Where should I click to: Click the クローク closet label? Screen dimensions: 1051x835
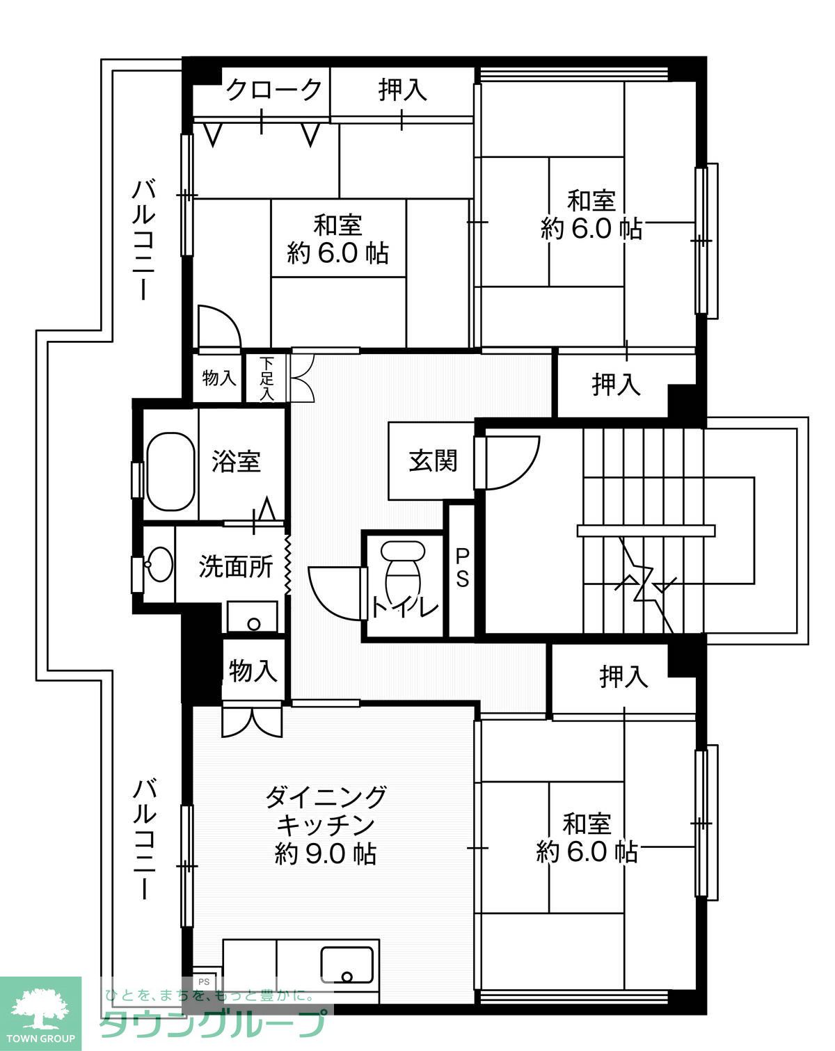coord(274,90)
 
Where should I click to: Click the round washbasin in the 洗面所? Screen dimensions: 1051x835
coord(159,563)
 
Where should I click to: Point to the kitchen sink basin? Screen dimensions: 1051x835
coord(347,964)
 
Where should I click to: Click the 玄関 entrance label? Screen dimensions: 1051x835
coord(432,460)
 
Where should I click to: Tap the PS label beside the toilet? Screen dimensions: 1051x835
coord(462,567)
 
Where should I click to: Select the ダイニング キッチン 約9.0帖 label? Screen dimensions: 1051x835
coord(326,824)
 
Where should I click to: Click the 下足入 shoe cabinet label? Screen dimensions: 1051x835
coord(267,379)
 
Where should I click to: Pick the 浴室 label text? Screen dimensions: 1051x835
coord(236,461)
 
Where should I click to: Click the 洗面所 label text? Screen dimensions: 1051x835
coord(235,567)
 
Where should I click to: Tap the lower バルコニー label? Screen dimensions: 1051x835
coord(144,839)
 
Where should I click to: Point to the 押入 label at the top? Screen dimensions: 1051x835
coord(402,90)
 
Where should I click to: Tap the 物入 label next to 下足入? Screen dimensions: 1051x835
coord(218,379)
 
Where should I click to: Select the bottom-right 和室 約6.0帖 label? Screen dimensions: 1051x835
coord(587,837)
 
